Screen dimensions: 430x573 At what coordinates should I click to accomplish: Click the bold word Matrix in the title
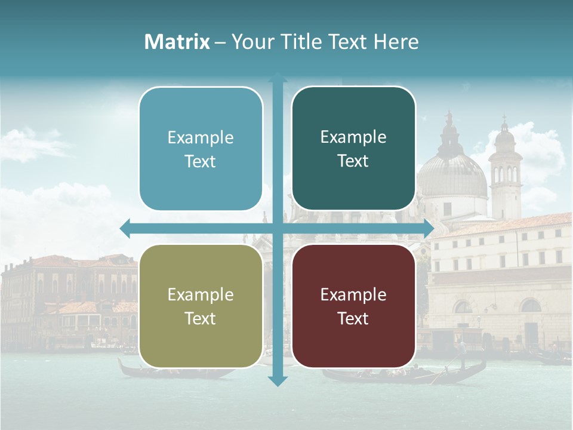(177, 42)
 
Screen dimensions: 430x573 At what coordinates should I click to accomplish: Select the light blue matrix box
(201, 149)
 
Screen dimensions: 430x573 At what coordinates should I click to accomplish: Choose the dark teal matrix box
(353, 149)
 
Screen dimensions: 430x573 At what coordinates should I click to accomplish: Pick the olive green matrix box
(201, 306)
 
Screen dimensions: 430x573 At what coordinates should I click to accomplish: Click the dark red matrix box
(353, 306)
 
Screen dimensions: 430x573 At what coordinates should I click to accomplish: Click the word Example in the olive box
(201, 294)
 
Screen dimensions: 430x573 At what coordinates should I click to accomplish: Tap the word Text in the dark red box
(353, 318)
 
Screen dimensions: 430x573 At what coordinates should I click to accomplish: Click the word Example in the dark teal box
(353, 137)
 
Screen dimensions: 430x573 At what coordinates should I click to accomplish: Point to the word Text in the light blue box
(201, 161)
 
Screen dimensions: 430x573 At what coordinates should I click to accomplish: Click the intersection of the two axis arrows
(277, 228)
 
